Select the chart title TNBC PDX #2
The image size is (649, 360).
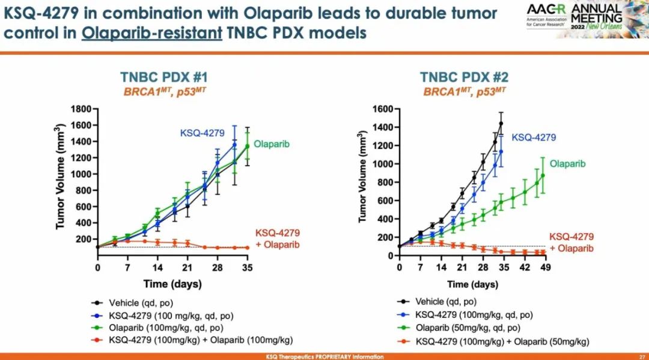coord(465,78)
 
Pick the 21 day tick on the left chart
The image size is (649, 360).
coord(186,268)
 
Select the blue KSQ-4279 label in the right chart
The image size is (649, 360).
coord(534,138)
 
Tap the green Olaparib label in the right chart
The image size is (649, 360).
coord(567,163)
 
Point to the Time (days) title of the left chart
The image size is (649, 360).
coord(172,284)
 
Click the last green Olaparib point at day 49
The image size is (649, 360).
coord(543,175)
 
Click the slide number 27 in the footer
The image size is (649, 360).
coord(642,356)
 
